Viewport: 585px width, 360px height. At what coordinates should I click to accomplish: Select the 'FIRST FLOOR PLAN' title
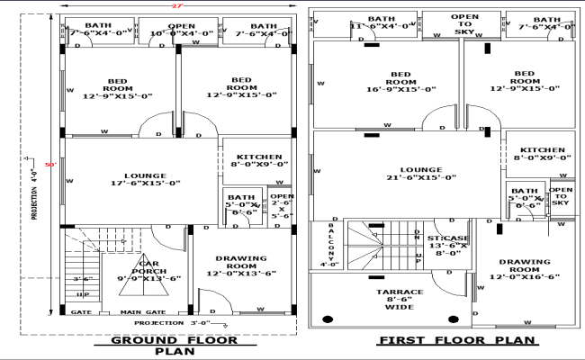[456, 340]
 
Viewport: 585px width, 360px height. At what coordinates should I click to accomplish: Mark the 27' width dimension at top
[177, 6]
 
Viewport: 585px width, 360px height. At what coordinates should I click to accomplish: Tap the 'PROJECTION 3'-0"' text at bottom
[171, 322]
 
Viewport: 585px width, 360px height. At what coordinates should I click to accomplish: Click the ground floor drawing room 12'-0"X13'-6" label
[240, 266]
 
